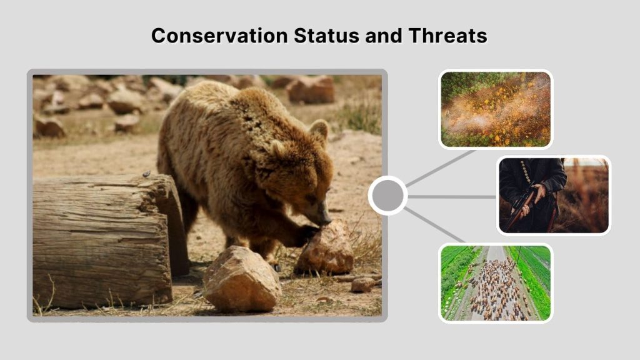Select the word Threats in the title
click(447, 36)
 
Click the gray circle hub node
click(387, 196)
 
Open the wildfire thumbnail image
click(496, 109)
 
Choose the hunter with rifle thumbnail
click(553, 195)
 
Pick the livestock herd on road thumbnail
click(496, 282)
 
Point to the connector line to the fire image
click(441, 168)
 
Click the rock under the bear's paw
click(325, 250)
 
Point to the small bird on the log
click(146, 173)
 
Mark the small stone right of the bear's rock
click(362, 284)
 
